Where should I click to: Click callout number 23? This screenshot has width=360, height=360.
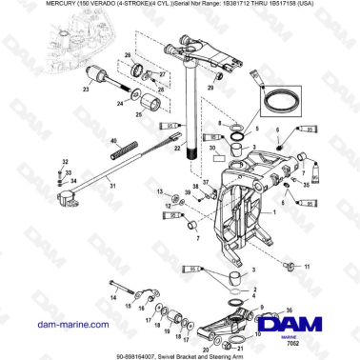click(x=87, y=89)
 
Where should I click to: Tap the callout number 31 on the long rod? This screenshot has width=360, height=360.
click(x=113, y=186)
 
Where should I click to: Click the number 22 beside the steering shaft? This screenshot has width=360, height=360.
click(x=178, y=138)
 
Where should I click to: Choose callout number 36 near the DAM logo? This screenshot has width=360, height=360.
click(x=289, y=310)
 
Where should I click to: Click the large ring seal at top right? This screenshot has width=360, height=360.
click(x=282, y=98)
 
